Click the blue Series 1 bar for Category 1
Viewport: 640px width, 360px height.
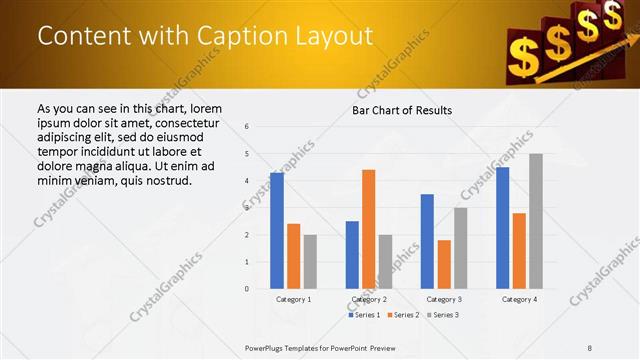tap(277, 231)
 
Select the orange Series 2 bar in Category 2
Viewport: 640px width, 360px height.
tap(369, 229)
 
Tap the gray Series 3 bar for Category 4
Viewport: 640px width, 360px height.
tap(536, 221)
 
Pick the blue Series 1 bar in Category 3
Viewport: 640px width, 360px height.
tap(427, 241)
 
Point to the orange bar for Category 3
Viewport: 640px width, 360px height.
tap(444, 264)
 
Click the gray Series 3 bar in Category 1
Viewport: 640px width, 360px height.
tap(310, 262)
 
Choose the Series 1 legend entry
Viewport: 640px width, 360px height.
tap(364, 315)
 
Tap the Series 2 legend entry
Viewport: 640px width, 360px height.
tap(403, 315)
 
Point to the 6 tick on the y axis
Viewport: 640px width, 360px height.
tap(246, 127)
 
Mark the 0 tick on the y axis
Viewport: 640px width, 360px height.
tap(246, 289)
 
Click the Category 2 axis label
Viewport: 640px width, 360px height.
tap(369, 299)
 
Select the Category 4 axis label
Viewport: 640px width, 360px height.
tap(519, 299)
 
